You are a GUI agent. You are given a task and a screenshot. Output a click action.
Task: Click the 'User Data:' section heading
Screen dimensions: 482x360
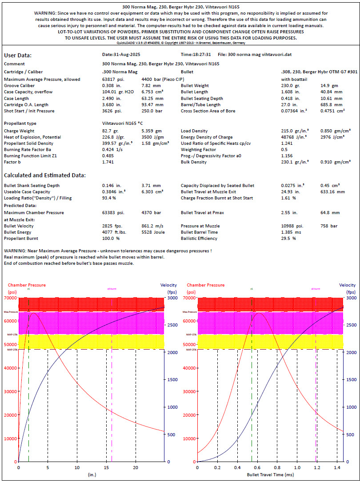[x=18, y=56]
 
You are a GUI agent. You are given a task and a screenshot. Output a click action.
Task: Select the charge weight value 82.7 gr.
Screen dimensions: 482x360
[x=109, y=131]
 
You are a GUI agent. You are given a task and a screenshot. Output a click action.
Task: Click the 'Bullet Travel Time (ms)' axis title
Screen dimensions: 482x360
[x=269, y=475]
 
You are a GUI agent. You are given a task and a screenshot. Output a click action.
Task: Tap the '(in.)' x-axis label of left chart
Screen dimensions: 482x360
[x=92, y=475]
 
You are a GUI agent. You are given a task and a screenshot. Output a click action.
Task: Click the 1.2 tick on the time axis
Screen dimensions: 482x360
[x=317, y=467]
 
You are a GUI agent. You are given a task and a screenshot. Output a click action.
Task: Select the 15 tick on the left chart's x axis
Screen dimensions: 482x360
[x=106, y=467]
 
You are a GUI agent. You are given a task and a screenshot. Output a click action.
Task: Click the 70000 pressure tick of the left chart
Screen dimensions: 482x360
[x=10, y=298]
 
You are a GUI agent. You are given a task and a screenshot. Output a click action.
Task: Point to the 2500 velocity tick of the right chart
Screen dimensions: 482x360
[x=351, y=325]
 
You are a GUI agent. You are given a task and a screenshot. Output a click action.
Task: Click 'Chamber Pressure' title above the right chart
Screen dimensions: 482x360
[x=204, y=285]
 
